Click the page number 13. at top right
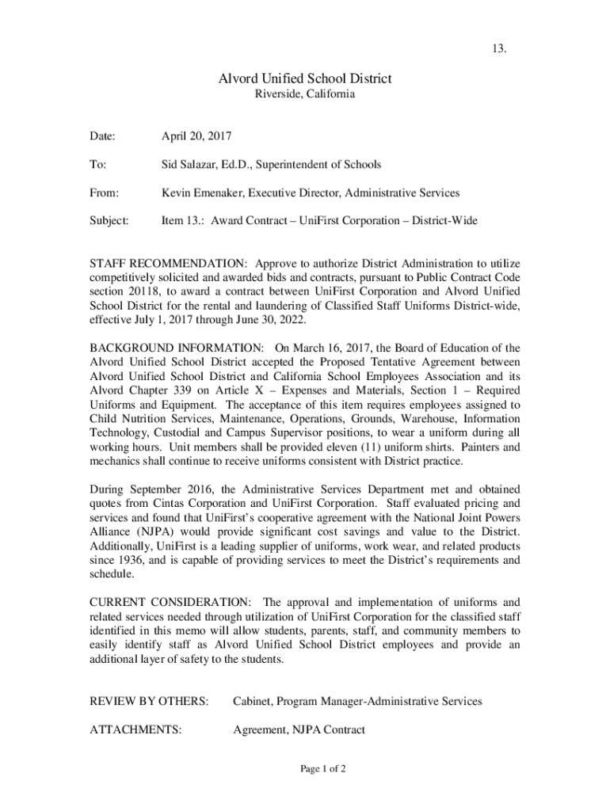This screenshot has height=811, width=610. pos(499,51)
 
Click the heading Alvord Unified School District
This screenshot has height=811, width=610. pos(305,78)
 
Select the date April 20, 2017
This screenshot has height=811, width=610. pos(196,136)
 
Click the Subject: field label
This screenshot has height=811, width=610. pos(109,221)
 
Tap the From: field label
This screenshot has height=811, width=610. pos(105,193)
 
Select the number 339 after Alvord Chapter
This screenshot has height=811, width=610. pos(183,390)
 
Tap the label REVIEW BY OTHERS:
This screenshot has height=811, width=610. pos(150,702)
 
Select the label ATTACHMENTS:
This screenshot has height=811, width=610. pos(135,730)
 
